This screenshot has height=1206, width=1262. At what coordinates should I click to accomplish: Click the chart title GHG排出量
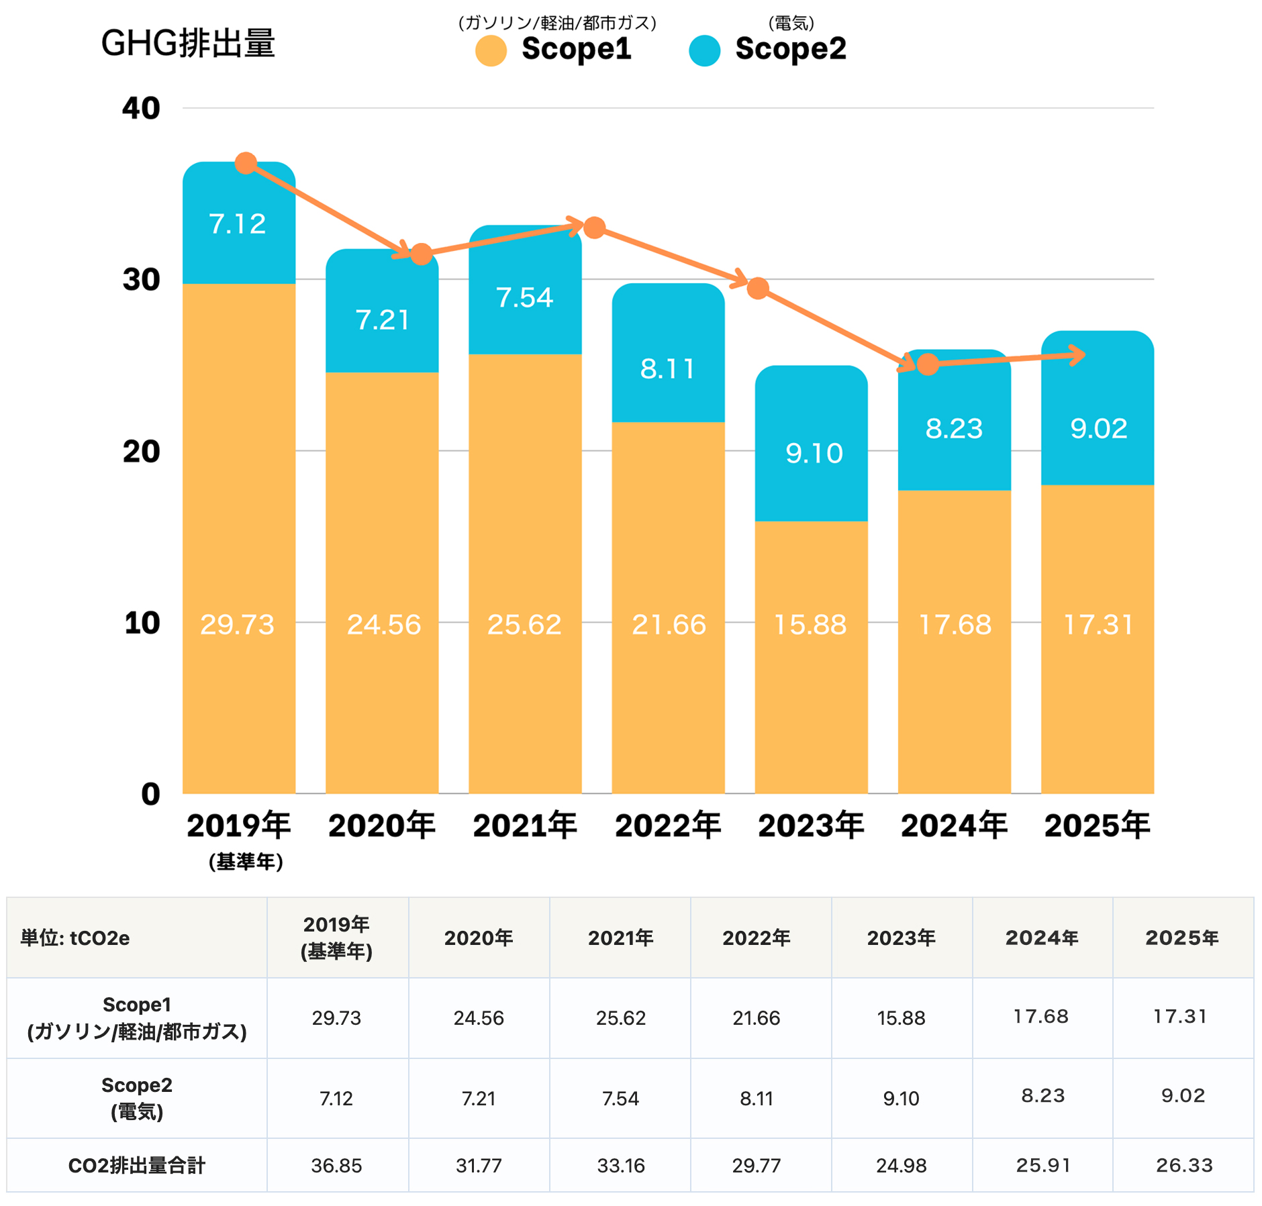click(x=188, y=44)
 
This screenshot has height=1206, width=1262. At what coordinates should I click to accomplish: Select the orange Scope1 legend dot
click(x=491, y=51)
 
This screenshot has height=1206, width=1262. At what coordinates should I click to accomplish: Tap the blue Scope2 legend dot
click(x=704, y=51)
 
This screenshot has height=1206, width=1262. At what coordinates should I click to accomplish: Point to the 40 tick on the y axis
click(x=141, y=108)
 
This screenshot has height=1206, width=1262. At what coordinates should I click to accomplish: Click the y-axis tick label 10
click(x=142, y=623)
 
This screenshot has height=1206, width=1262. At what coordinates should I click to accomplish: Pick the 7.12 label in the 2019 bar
click(x=238, y=224)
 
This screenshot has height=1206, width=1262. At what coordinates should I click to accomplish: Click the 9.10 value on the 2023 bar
click(x=814, y=454)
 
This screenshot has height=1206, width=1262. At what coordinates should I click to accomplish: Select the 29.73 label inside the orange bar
click(x=238, y=625)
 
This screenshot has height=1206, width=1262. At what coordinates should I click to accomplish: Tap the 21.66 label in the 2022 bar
click(x=669, y=625)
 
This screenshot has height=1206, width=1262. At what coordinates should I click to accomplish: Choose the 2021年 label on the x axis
click(x=525, y=825)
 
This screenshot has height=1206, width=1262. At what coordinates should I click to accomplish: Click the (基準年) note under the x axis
click(x=246, y=862)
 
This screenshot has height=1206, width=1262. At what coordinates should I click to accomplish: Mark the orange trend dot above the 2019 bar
click(x=246, y=163)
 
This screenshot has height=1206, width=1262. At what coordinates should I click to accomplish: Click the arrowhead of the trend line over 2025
click(x=1078, y=355)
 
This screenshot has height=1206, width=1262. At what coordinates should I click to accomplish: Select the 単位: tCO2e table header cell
click(x=75, y=938)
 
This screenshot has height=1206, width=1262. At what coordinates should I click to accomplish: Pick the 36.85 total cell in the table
click(x=336, y=1166)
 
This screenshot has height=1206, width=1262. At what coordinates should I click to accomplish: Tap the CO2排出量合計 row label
click(x=136, y=1166)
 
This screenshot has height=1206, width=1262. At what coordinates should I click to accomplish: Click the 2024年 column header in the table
click(x=1042, y=938)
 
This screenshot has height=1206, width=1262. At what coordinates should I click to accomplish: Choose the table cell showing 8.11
click(x=757, y=1099)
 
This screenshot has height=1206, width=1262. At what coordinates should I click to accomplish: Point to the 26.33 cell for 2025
click(x=1184, y=1166)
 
